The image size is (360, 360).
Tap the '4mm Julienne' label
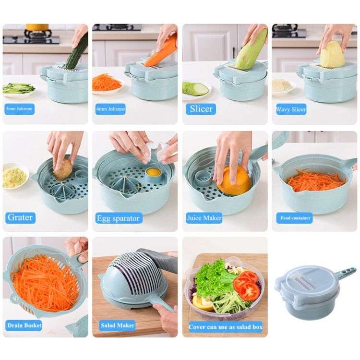[x=110, y=109]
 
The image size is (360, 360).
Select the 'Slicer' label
[x=201, y=109]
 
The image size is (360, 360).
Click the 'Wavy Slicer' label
[x=291, y=109]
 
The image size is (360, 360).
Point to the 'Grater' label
[x=20, y=217]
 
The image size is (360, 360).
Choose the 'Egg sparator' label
[x=118, y=218]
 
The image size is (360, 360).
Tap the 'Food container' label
[x=296, y=218]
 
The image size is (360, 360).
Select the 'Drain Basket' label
[x=24, y=325]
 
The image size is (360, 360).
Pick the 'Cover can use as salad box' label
[x=225, y=326]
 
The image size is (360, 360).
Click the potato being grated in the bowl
[x=63, y=170]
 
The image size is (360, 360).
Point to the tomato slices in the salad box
[x=247, y=286]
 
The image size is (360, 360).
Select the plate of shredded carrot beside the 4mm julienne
[x=107, y=83]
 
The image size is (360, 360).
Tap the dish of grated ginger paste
[x=14, y=177]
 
